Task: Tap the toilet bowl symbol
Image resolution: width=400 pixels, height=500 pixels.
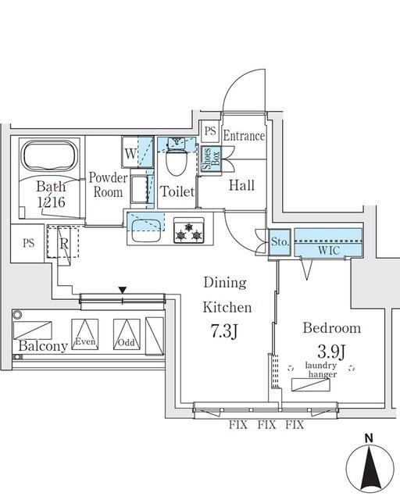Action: point(176,162)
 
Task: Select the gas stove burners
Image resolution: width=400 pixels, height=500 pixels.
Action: point(189,231)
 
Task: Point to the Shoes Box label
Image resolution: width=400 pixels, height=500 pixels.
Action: point(209,159)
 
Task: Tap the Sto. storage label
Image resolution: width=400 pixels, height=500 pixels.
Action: point(280,244)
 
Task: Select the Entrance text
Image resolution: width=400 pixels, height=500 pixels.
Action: point(244,136)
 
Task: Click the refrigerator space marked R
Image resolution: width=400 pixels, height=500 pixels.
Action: point(64,243)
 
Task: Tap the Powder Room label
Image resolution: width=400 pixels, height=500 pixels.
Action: point(107,184)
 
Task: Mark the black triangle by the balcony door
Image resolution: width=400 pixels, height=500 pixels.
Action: point(122,290)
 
